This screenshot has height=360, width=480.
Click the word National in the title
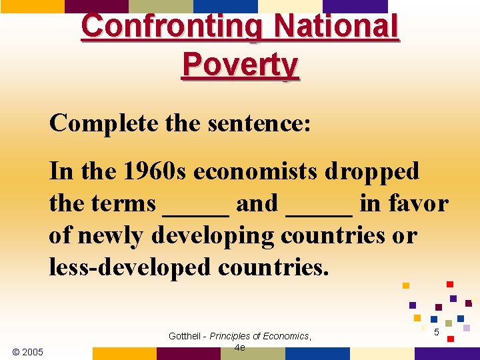337,27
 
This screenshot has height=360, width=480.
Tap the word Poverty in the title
240,65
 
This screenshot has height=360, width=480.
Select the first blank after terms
196,203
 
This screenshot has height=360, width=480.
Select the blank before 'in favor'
319,203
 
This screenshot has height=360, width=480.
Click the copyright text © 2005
28,351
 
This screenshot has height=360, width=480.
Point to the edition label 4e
240,348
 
